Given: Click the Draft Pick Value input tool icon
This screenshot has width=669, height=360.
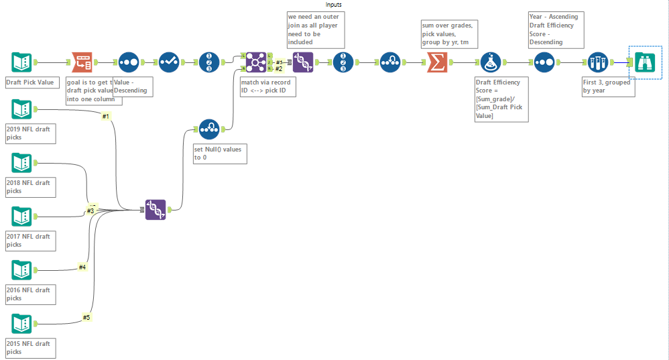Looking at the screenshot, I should coord(21,62).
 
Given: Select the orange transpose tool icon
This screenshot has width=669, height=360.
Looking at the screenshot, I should coord(82,62).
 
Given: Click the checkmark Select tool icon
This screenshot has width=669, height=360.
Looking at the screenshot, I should coord(169,62).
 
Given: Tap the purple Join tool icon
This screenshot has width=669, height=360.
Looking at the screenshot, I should coord(256,62).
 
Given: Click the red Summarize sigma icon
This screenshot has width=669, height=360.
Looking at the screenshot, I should coord(436,62).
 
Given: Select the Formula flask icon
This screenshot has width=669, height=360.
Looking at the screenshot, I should coord(491,62).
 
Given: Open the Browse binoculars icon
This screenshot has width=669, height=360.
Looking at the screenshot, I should coord(645,62).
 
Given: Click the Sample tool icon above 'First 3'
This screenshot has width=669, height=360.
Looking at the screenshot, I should coord(598,62).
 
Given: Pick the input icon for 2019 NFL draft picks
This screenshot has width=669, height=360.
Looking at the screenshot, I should coord(21,109).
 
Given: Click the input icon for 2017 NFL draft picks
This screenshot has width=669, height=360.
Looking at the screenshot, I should coord(21,216).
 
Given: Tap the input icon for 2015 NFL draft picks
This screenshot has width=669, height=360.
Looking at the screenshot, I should coord(21,324).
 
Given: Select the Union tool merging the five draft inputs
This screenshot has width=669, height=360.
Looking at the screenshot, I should coord(156,210).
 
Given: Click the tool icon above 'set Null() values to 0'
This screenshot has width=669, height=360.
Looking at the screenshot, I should coord(209,129).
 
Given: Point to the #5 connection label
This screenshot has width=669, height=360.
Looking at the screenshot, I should coord(86,317).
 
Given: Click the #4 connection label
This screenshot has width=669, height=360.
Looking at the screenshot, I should coord(82,267).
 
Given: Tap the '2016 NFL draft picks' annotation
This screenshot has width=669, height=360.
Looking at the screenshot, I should coord(31,294).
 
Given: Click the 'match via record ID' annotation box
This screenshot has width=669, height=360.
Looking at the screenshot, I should coord(267,86).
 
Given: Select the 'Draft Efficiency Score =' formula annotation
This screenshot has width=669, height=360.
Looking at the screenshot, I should coord(500,99).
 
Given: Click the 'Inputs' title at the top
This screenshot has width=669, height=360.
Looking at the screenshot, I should coord(334,5).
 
